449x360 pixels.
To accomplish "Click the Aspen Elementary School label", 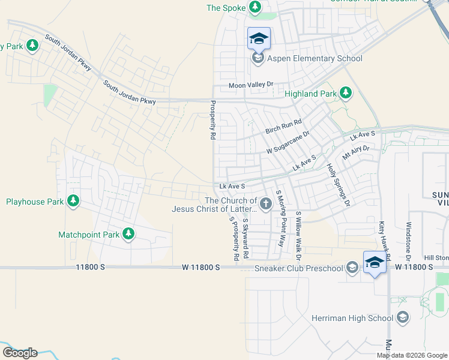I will [315, 58].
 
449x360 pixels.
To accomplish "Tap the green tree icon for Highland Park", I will [345, 93].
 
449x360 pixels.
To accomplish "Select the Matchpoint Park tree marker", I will [128, 234].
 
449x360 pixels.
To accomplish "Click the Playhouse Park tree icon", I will [73, 201].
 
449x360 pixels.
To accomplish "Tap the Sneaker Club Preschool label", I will [299, 268].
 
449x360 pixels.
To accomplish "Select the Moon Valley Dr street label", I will [251, 86].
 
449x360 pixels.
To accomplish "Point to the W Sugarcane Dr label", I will [288, 142].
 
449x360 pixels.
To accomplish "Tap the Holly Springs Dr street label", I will [337, 184].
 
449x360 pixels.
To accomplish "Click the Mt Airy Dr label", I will [355, 152].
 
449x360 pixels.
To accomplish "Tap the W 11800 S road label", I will [201, 268].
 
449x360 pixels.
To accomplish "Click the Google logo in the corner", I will [20, 353].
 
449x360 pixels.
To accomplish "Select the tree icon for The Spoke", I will [255, 8].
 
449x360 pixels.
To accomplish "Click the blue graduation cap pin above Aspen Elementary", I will [259, 39].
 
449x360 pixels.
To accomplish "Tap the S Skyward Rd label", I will [246, 238].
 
